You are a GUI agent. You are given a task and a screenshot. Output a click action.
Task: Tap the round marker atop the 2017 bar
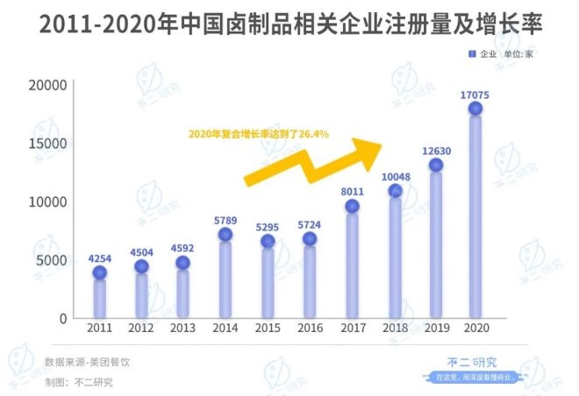pyautogui.click(x=352, y=206)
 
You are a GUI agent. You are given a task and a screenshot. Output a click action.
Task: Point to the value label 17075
pyautogui.click(x=475, y=91)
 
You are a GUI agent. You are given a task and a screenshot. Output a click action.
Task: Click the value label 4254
pyautogui.click(x=99, y=257)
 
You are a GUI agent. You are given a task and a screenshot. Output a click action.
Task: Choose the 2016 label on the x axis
pyautogui.click(x=310, y=328)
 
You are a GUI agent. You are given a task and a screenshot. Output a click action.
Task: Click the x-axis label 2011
pyautogui.click(x=99, y=328)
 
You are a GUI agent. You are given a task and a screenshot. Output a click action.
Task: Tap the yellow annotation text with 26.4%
pyautogui.click(x=259, y=134)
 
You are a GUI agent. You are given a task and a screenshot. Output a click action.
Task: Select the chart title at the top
pyautogui.click(x=289, y=25)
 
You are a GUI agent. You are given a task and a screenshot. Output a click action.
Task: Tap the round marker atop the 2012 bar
pyautogui.click(x=141, y=266)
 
